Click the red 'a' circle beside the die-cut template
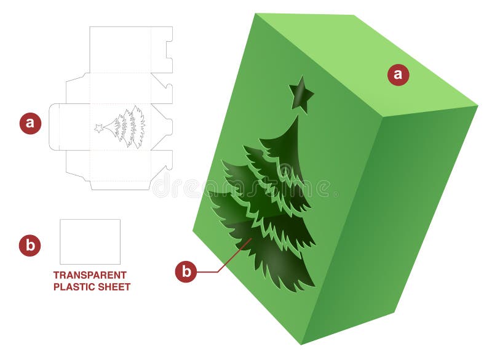(30, 123)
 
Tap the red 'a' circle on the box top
(398, 74)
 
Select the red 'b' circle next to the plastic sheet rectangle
(30, 246)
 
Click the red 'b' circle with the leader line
(186, 271)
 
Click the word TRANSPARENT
(90, 275)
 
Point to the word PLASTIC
(72, 287)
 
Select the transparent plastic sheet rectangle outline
(90, 242)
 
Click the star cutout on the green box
(301, 95)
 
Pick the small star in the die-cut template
(98, 128)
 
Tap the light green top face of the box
(363, 62)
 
